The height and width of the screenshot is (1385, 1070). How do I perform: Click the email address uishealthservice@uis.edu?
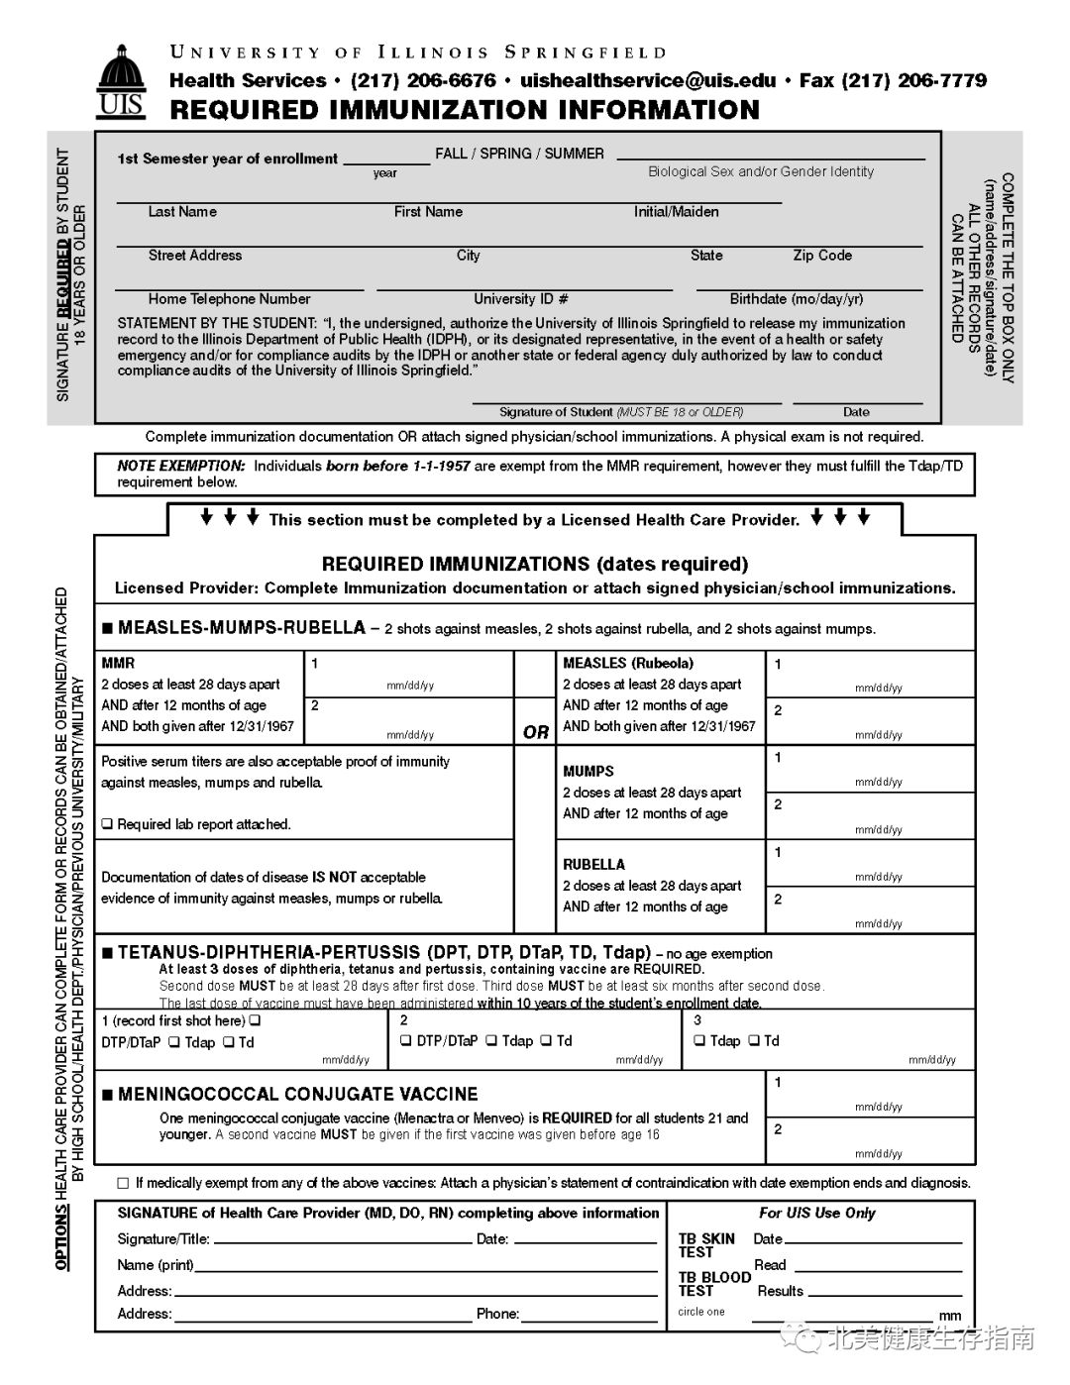click(648, 81)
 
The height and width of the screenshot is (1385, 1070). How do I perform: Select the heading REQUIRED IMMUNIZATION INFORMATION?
click(465, 110)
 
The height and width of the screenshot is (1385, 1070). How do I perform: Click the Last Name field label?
click(182, 212)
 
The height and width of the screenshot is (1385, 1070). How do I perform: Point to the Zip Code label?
click(822, 256)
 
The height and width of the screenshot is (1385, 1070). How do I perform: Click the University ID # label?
click(521, 299)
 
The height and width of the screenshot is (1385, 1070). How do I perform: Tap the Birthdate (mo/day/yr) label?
click(797, 299)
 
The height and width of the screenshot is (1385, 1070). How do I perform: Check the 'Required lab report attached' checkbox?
click(107, 824)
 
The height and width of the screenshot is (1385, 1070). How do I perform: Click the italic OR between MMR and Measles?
click(536, 732)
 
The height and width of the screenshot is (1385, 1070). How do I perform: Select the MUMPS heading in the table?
click(588, 771)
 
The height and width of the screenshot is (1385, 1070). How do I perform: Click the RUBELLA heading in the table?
click(594, 864)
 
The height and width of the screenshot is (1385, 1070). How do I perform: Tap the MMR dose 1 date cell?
click(409, 674)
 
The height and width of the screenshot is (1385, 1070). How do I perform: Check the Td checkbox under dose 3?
click(754, 1041)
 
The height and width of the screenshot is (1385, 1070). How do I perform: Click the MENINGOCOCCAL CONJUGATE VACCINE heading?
click(297, 1095)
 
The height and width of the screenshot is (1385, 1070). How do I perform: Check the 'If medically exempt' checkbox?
click(123, 1183)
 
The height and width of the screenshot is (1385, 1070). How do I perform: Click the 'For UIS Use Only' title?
click(817, 1214)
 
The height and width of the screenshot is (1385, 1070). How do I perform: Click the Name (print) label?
click(156, 1265)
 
